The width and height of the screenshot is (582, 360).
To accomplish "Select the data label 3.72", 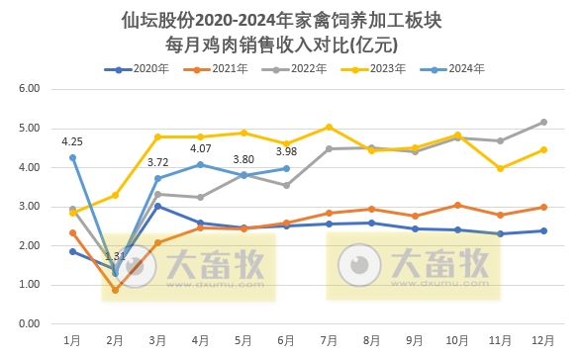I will point(157,161).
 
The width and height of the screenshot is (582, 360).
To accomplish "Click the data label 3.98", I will point(286,151).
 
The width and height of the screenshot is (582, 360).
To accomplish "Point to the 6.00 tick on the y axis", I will point(30,89).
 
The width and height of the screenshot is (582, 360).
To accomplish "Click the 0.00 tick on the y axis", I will point(30,324).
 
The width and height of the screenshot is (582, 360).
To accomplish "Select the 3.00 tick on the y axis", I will point(30,207).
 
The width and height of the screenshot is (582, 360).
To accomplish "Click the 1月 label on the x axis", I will point(72,339).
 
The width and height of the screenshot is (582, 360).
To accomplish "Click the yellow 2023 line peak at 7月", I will point(329,127).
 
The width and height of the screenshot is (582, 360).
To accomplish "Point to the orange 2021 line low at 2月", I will point(115,290).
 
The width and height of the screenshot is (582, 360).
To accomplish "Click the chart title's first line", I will point(290,20).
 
